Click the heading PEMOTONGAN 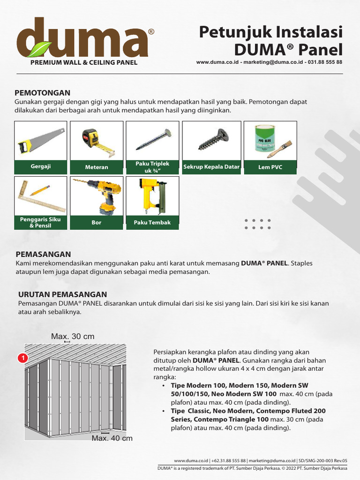[43, 93]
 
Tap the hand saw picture [41, 140]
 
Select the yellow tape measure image [97, 142]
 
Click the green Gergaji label [41, 166]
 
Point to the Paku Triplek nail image [153, 140]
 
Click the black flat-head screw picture [212, 139]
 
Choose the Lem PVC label [270, 167]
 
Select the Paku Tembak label [152, 223]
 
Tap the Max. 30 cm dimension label [73, 337]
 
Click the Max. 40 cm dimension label [112, 438]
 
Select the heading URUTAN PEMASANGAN [62, 294]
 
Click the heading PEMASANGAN [43, 254]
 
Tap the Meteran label [97, 167]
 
